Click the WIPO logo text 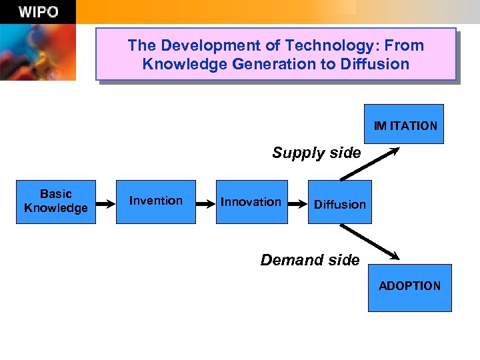38,11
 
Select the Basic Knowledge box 56,201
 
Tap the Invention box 156,201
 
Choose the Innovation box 251,201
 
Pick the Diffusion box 340,202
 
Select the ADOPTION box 409,287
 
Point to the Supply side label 316,153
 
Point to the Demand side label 309,260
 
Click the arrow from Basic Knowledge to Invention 107,202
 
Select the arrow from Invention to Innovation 206,202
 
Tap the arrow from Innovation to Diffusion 298,202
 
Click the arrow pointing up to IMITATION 370,163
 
